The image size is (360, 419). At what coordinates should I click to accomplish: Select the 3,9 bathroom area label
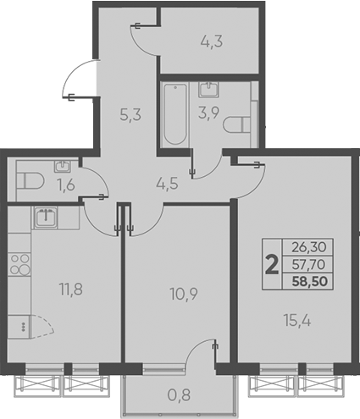209,114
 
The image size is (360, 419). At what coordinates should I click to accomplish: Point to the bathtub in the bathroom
174,113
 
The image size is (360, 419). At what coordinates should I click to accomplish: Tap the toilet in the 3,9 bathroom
240,124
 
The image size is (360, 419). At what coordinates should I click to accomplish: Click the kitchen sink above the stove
44,217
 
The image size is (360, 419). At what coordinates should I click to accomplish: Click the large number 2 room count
271,266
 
